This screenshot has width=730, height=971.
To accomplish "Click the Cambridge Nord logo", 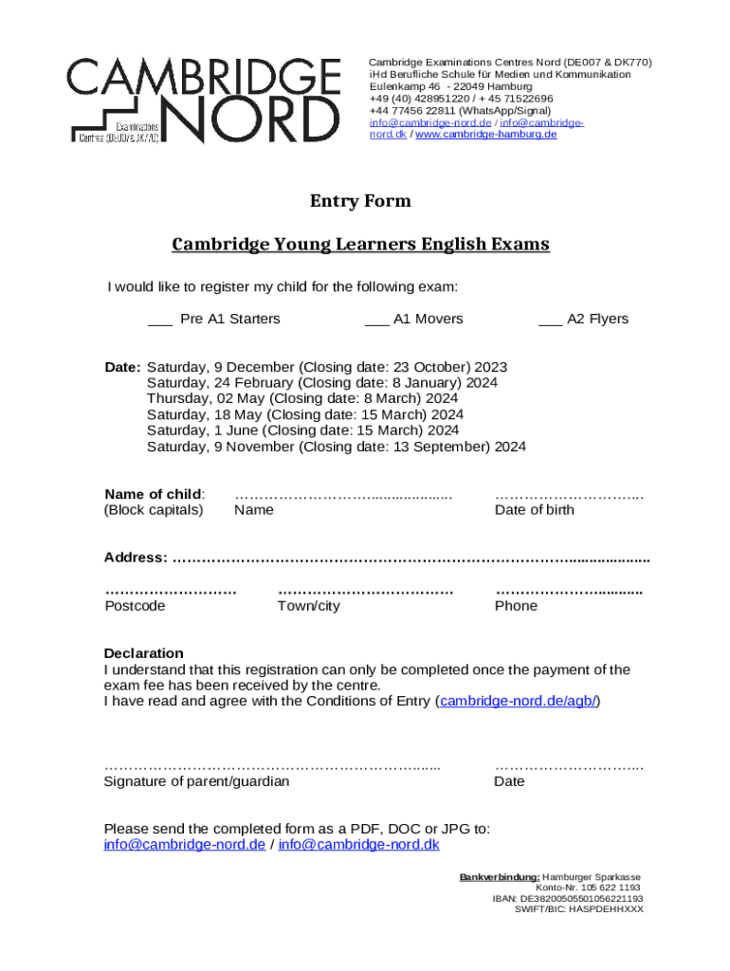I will [x=203, y=101].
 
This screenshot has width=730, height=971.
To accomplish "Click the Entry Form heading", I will [x=360, y=201].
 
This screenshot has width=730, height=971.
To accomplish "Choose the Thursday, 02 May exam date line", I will [x=302, y=399].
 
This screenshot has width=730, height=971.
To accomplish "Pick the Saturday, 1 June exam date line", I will [x=302, y=431].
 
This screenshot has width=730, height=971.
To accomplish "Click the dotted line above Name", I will [x=343, y=496].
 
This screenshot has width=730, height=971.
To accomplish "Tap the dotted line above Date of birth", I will [x=569, y=496].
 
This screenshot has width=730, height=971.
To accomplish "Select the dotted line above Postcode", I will [x=170, y=592].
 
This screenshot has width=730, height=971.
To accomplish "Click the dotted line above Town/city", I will [x=365, y=592].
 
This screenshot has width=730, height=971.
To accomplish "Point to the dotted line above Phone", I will [x=569, y=592].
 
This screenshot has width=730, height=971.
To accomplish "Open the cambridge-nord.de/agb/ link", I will [x=518, y=702].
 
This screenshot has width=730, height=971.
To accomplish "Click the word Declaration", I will [x=143, y=653].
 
